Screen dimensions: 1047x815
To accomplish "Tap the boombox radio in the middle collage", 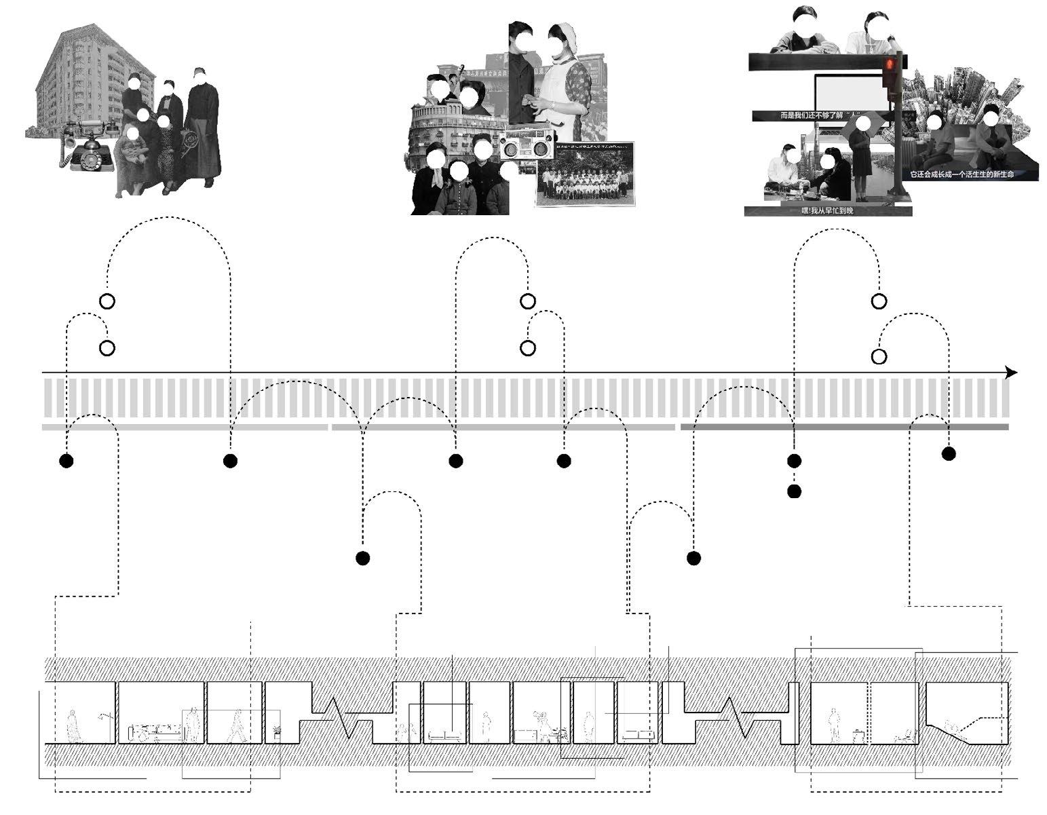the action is (x=526, y=146).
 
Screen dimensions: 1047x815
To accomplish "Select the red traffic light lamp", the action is (x=891, y=65).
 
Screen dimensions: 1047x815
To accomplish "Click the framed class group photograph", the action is (x=585, y=174).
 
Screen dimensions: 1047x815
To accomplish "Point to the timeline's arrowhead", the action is (x=1011, y=373).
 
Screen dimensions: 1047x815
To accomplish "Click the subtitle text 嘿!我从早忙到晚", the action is (x=827, y=212).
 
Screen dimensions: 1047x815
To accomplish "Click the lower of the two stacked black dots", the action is (x=794, y=491).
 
